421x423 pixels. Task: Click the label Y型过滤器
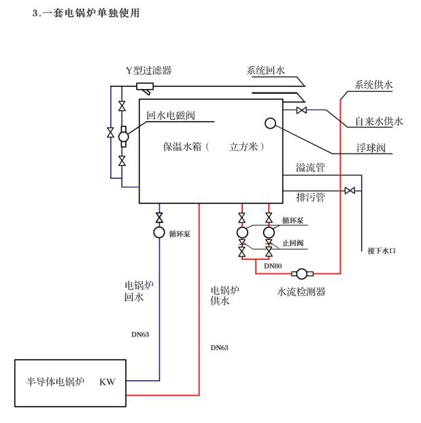[x=148, y=70]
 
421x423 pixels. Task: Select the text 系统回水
[x=269, y=69]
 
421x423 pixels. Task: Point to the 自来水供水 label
[x=379, y=122]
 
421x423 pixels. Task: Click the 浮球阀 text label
[x=371, y=147]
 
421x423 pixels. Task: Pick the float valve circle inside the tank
[x=270, y=123]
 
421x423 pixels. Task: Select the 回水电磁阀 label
[x=171, y=115]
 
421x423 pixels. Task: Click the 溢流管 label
[x=311, y=167]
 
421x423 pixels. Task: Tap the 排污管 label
[x=311, y=198]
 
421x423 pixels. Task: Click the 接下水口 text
[x=382, y=251]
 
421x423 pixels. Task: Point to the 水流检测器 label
[x=302, y=292]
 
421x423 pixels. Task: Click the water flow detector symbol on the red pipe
[x=300, y=273]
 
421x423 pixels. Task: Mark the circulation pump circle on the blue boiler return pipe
[x=159, y=233]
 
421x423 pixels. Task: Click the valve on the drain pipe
[x=350, y=190]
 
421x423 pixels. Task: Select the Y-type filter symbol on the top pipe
[x=144, y=86]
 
